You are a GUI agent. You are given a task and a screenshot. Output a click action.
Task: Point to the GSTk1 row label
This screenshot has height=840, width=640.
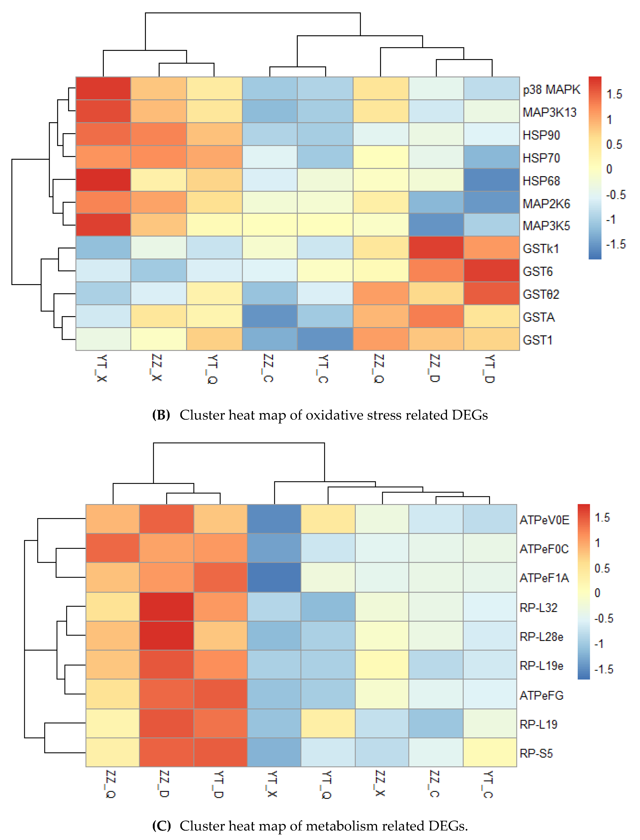pyautogui.click(x=541, y=249)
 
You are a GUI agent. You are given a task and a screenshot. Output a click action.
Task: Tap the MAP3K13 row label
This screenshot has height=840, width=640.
pyautogui.click(x=549, y=112)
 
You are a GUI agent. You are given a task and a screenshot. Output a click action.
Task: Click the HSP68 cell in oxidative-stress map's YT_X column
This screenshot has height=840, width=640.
pyautogui.click(x=103, y=180)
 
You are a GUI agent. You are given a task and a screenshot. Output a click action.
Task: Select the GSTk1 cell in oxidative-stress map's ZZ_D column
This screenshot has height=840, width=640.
pyautogui.click(x=436, y=248)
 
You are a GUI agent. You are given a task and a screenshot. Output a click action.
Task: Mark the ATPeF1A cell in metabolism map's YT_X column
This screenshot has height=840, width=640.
pyautogui.click(x=274, y=578)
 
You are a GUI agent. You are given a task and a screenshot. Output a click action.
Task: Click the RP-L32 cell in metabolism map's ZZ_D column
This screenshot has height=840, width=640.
pyautogui.click(x=166, y=607)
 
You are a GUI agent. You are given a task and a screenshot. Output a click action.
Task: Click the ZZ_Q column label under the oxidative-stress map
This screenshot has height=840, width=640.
pyautogui.click(x=379, y=368)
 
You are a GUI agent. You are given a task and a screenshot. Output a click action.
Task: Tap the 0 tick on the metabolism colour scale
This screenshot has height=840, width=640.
pyautogui.click(x=597, y=593)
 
